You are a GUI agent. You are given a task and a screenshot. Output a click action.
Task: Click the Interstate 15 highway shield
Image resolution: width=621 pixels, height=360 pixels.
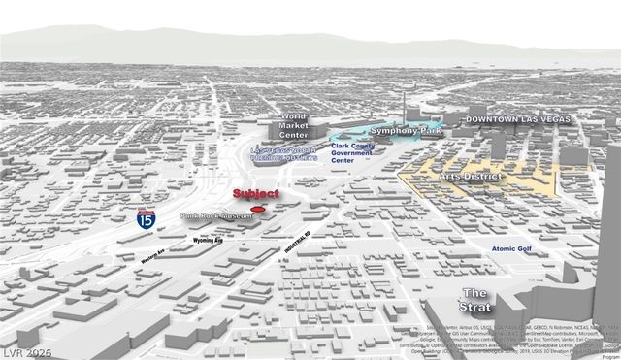146,218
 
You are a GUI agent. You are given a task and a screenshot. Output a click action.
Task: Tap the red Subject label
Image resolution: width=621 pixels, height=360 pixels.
255,195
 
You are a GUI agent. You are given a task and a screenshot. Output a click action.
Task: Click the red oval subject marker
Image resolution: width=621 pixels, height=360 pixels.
257,209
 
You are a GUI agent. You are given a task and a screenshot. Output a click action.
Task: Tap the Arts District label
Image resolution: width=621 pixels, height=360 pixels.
470,177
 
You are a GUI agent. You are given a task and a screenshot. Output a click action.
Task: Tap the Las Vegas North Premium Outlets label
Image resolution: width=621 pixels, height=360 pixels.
283,153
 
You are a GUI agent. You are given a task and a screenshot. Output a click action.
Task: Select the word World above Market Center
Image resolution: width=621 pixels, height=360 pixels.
293,115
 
